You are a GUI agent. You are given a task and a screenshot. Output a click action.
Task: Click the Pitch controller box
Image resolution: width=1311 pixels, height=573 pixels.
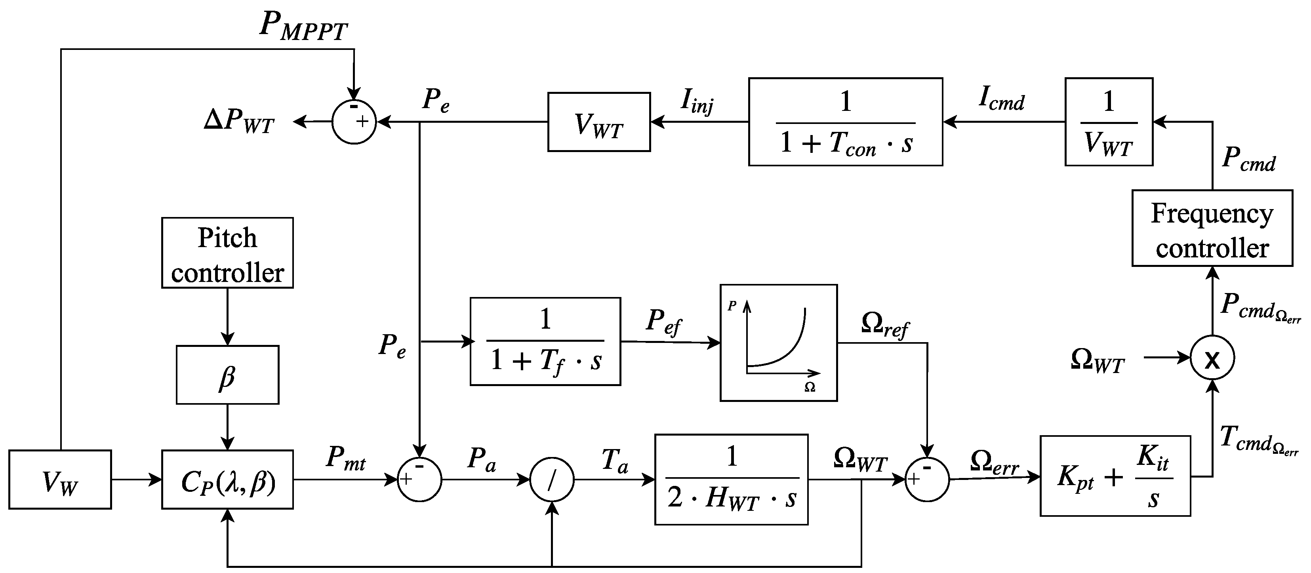pyautogui.click(x=227, y=253)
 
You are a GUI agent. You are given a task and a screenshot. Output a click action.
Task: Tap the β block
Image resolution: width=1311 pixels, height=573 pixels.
pyautogui.click(x=227, y=375)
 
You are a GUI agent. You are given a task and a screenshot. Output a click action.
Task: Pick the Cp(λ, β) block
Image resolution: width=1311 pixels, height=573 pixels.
pyautogui.click(x=227, y=480)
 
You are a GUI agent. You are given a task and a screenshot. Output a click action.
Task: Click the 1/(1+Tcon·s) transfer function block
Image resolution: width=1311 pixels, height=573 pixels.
pyautogui.click(x=845, y=122)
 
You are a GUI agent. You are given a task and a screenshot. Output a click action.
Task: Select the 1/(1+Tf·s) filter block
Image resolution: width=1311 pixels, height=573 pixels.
pyautogui.click(x=545, y=341)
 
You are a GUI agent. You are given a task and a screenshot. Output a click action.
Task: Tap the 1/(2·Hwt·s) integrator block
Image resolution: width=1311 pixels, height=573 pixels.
pyautogui.click(x=731, y=480)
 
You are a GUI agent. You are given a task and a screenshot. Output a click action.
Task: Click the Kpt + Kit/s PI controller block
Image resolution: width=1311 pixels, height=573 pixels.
pyautogui.click(x=1115, y=476)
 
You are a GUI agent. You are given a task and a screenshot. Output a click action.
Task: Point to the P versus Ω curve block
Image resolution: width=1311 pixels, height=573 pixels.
pyautogui.click(x=778, y=343)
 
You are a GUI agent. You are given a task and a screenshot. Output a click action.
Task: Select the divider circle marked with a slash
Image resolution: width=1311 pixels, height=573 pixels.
pyautogui.click(x=552, y=480)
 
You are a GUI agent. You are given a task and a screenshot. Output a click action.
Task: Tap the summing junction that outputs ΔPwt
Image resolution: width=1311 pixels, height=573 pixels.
pyautogui.click(x=354, y=122)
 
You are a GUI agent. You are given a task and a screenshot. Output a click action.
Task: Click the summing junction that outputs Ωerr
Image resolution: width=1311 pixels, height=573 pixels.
pyautogui.click(x=927, y=480)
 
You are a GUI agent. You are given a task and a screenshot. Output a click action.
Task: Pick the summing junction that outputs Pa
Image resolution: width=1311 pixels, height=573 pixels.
pyautogui.click(x=419, y=480)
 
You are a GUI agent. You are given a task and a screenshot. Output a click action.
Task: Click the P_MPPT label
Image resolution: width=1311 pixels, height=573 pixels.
pyautogui.click(x=303, y=25)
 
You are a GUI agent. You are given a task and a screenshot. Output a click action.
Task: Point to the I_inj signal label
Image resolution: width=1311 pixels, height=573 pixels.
pyautogui.click(x=697, y=101)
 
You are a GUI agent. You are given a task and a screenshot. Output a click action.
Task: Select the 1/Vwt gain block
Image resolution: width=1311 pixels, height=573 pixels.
pyautogui.click(x=1109, y=122)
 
